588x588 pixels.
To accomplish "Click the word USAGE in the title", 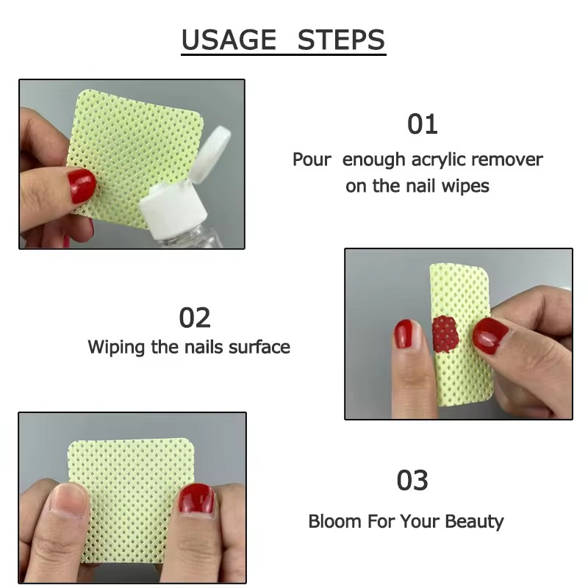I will tap(229, 40).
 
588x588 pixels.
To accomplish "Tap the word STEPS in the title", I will tap(341, 40).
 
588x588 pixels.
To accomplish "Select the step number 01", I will tap(422, 124).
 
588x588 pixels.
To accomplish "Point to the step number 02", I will tap(195, 318).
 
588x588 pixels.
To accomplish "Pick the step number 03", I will tap(412, 481).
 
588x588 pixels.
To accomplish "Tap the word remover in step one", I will tap(507, 159).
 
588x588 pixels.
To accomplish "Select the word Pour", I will tap(312, 159).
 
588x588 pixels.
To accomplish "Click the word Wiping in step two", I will tap(117, 346).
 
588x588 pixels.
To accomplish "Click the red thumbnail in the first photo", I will tap(82, 185).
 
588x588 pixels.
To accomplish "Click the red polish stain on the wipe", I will tap(443, 334).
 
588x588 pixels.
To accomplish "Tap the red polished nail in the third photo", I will tap(196, 500).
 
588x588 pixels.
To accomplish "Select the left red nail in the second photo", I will tap(403, 334).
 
